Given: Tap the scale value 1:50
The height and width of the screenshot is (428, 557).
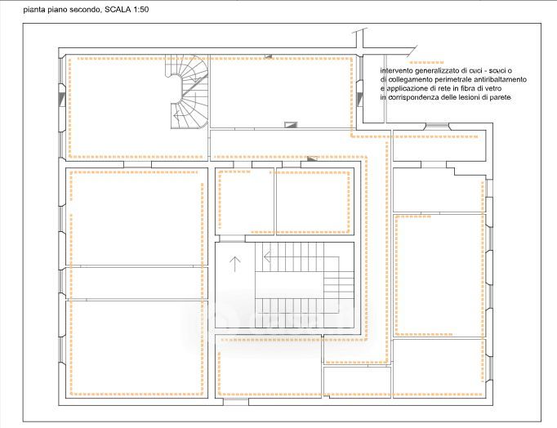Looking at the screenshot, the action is (140, 10).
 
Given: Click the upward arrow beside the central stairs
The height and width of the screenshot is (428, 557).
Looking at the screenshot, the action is (235, 264).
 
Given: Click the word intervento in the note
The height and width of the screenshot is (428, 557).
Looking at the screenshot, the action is (396, 71).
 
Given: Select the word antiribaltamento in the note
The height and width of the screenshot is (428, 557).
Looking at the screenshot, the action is (500, 79).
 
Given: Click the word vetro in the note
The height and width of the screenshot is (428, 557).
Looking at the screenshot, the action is (492, 88).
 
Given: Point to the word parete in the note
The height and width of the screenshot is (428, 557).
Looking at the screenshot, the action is (501, 98).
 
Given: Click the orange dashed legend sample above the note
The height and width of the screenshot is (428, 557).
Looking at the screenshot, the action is (426, 63).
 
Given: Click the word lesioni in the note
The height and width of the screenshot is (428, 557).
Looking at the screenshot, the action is (468, 97).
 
